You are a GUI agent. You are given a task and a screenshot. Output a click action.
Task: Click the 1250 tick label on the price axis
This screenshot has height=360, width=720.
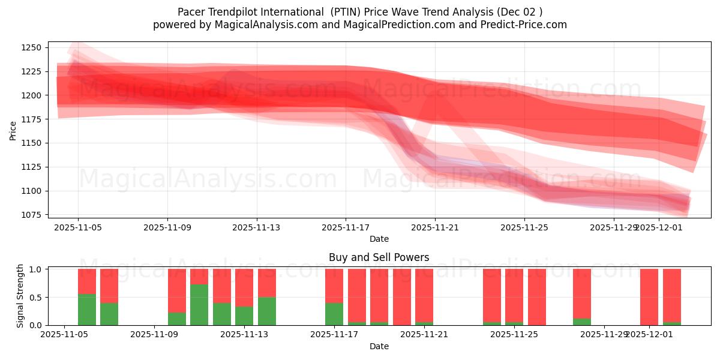31,47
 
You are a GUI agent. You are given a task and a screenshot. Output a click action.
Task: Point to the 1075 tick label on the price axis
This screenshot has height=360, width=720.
31,215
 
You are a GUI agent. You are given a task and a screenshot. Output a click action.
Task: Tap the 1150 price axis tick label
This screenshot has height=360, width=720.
31,143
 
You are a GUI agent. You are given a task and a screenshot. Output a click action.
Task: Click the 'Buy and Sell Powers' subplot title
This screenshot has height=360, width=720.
379,257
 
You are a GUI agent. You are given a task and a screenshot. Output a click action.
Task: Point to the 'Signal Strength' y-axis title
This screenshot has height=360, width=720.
20,296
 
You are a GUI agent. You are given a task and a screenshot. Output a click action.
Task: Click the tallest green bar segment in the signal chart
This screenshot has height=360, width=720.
199,305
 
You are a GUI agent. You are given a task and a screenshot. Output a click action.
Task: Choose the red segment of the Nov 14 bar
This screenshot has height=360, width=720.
266,283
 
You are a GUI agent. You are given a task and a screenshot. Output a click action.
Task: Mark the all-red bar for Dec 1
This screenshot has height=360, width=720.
649,297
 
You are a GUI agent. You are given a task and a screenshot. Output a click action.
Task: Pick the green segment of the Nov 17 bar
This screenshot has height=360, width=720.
334,314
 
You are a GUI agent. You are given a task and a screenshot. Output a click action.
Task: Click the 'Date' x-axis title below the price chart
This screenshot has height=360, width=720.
379,239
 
